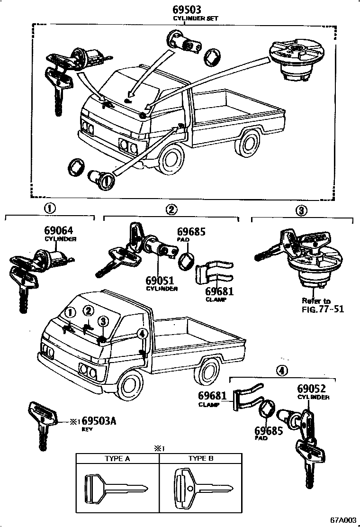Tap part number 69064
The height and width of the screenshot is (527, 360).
(x=58, y=231)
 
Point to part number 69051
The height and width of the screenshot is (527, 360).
(x=162, y=281)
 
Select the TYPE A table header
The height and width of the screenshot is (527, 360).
(x=117, y=458)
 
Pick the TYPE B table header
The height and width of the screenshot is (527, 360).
(x=201, y=458)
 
